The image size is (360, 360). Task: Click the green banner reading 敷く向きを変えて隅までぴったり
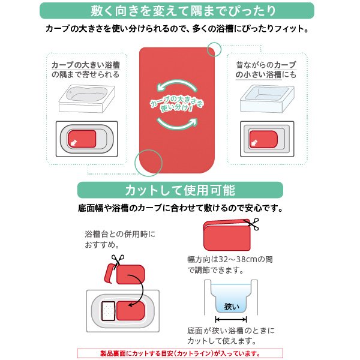(180, 11)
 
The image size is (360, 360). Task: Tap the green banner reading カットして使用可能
(180, 191)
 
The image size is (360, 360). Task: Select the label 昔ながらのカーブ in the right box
(266, 64)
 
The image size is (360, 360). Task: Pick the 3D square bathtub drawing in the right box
(268, 98)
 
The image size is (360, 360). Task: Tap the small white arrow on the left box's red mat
(74, 142)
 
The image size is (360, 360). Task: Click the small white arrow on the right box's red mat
(254, 143)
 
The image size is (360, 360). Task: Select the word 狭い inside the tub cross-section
(231, 307)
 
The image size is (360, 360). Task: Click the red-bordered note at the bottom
(179, 353)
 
